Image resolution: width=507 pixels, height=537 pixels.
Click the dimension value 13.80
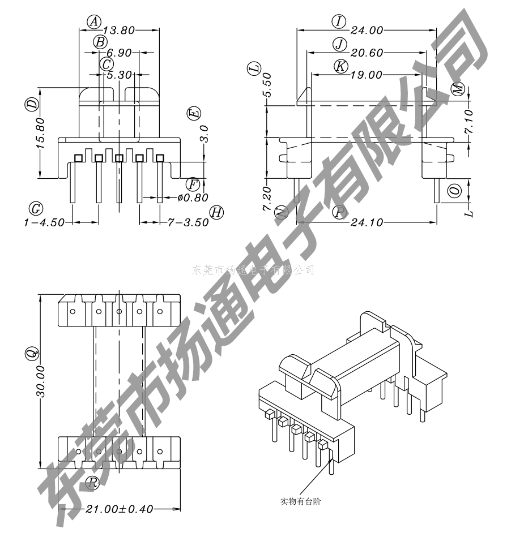119,30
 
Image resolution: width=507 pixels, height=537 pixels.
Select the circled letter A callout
94,22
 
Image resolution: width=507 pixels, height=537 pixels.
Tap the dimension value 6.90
118,53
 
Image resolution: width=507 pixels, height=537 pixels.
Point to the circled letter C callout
106,64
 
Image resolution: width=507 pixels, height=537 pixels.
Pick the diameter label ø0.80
193,197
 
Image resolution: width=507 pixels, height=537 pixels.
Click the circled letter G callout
36,209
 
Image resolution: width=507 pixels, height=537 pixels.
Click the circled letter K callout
340,66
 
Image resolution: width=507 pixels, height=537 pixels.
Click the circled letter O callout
454,191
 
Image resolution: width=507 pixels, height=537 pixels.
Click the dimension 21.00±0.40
119,509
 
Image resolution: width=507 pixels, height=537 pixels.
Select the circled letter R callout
93,483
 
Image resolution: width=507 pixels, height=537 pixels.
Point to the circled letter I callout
338,22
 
